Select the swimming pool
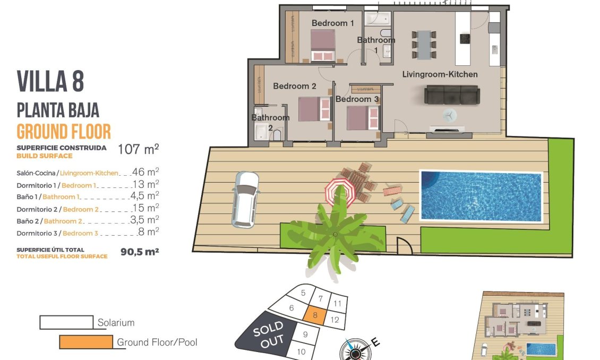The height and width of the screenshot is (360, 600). [x=481, y=195]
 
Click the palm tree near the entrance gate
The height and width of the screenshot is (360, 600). [x=335, y=234]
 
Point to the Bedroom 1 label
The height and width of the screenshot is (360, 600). [x=332, y=23]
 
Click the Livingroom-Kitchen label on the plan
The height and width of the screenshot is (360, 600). [x=440, y=74]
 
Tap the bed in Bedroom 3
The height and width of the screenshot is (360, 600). [x=363, y=117]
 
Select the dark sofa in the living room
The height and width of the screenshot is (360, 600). [x=451, y=96]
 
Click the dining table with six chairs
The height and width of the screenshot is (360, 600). [x=424, y=44]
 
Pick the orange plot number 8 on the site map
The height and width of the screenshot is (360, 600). [x=315, y=315]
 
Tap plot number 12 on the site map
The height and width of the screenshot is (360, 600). [x=335, y=320]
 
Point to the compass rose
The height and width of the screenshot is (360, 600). [x=354, y=350]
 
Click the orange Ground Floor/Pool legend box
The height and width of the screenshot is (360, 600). [x=85, y=342]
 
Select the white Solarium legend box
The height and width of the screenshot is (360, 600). [x=67, y=322]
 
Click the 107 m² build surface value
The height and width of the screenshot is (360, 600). [x=138, y=150]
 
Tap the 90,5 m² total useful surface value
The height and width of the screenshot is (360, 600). [x=140, y=252]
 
